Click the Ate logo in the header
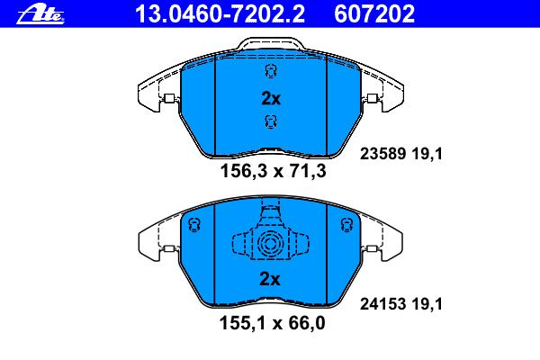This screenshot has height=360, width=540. click(40, 14)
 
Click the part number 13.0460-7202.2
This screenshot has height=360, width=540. click(220, 13)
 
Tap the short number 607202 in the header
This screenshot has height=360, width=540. click(374, 13)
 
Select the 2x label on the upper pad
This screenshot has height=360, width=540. click(271, 99)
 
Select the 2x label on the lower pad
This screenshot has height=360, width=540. click(270, 279)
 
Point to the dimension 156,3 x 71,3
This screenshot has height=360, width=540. click(273, 171)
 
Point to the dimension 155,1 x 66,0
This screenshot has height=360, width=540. click(272, 323)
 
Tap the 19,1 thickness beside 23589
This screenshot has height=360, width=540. click(427, 154)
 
